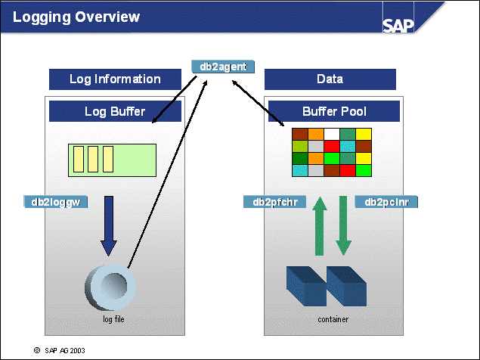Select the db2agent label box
(223, 67)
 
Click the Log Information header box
(115, 79)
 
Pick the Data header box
(330, 79)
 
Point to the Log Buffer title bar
(115, 112)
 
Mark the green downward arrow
(344, 225)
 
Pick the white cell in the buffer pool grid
(332, 134)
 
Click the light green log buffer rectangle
(113, 160)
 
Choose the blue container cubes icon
(327, 284)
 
